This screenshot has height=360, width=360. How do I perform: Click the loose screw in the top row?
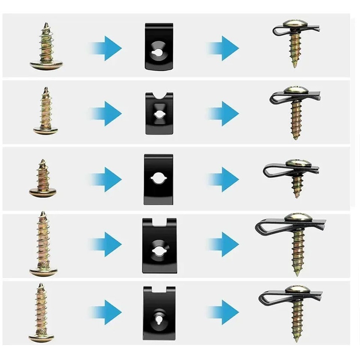46,47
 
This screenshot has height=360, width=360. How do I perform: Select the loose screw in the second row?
46,112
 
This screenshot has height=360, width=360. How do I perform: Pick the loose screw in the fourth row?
43,244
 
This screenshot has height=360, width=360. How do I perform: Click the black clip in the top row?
159,46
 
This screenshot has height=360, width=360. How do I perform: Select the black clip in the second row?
159,113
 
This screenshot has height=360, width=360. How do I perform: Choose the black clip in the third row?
159,179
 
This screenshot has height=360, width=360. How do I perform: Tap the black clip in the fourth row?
159,245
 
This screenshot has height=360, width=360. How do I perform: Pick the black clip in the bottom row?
159,313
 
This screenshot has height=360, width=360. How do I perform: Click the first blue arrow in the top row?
106,48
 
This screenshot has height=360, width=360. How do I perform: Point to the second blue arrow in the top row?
224,48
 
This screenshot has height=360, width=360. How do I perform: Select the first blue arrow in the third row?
106,179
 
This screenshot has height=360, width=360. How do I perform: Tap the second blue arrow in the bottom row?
224,312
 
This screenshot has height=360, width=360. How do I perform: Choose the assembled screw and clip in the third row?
294,176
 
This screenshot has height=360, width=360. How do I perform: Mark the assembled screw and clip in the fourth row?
295,240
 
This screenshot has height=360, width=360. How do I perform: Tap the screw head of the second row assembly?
295,90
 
